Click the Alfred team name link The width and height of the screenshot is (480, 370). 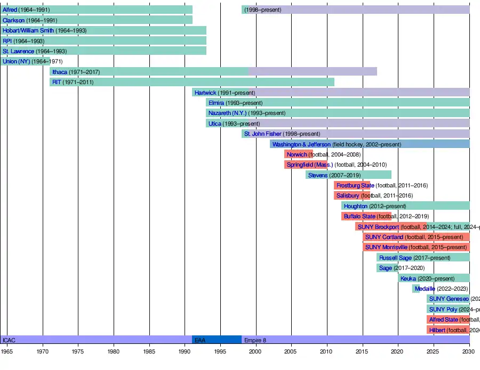[x=10, y=10]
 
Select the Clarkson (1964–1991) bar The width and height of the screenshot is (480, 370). [x=96, y=20]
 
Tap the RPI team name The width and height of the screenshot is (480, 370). [x=7, y=40]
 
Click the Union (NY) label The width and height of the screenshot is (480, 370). [x=16, y=61]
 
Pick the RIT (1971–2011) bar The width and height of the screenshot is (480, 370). [x=192, y=82]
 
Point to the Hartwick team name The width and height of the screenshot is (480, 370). [x=205, y=93]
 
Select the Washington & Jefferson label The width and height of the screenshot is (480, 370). [x=301, y=144]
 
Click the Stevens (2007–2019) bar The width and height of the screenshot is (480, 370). [x=349, y=175]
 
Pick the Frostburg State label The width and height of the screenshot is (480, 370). [x=355, y=185]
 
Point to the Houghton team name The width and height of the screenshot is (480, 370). [x=355, y=206]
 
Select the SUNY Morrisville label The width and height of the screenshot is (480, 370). [x=386, y=247]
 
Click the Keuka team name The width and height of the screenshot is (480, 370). [x=408, y=278]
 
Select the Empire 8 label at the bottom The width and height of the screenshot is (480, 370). [x=255, y=340]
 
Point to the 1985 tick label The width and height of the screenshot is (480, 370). [x=149, y=351]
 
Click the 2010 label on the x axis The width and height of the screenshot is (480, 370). [x=326, y=351]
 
